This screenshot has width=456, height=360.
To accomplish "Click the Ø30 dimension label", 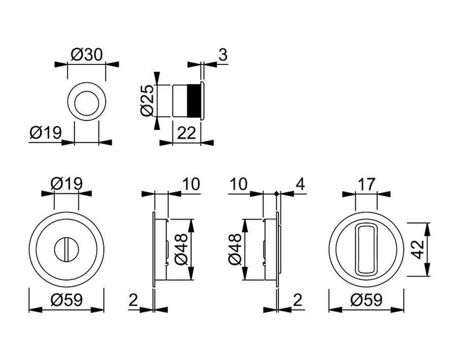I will pyautogui.click(x=87, y=54).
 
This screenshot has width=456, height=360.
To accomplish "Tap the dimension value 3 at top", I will pyautogui.click(x=222, y=55).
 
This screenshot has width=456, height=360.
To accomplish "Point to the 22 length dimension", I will pyautogui.click(x=187, y=133).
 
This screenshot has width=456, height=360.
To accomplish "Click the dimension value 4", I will pyautogui.click(x=300, y=184).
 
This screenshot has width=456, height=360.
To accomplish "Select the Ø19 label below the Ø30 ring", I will pyautogui.click(x=45, y=133).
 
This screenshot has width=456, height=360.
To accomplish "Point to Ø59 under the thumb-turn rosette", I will pyautogui.click(x=66, y=301).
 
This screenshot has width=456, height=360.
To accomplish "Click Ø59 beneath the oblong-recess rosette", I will pyautogui.click(x=366, y=301).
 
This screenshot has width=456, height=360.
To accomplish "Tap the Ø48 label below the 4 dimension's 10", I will pyautogui.click(x=235, y=249).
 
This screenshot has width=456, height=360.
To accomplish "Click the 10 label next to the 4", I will pyautogui.click(x=238, y=184).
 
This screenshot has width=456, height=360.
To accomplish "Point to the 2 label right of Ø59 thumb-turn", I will pyautogui.click(x=133, y=301).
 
